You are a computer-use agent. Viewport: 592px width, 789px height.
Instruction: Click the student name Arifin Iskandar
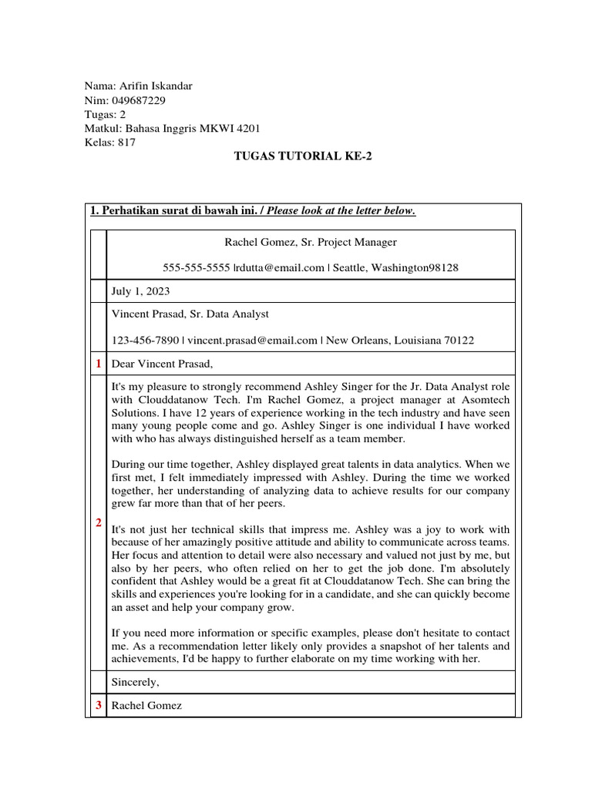156,86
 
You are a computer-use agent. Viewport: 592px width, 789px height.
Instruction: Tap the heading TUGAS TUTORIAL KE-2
297,156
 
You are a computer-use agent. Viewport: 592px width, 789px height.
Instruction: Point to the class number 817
127,143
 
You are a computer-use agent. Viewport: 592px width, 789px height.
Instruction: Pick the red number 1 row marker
98,363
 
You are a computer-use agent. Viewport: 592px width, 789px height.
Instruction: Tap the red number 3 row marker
98,705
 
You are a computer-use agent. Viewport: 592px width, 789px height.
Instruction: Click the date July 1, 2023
141,292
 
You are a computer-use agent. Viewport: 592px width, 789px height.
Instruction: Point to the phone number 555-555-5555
197,267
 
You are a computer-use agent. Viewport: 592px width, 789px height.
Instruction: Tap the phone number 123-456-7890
146,340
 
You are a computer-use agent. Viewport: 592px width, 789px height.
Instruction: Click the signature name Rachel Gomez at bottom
146,705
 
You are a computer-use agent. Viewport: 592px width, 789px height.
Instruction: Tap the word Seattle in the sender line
353,267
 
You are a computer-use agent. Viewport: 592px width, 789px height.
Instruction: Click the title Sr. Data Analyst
231,314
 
